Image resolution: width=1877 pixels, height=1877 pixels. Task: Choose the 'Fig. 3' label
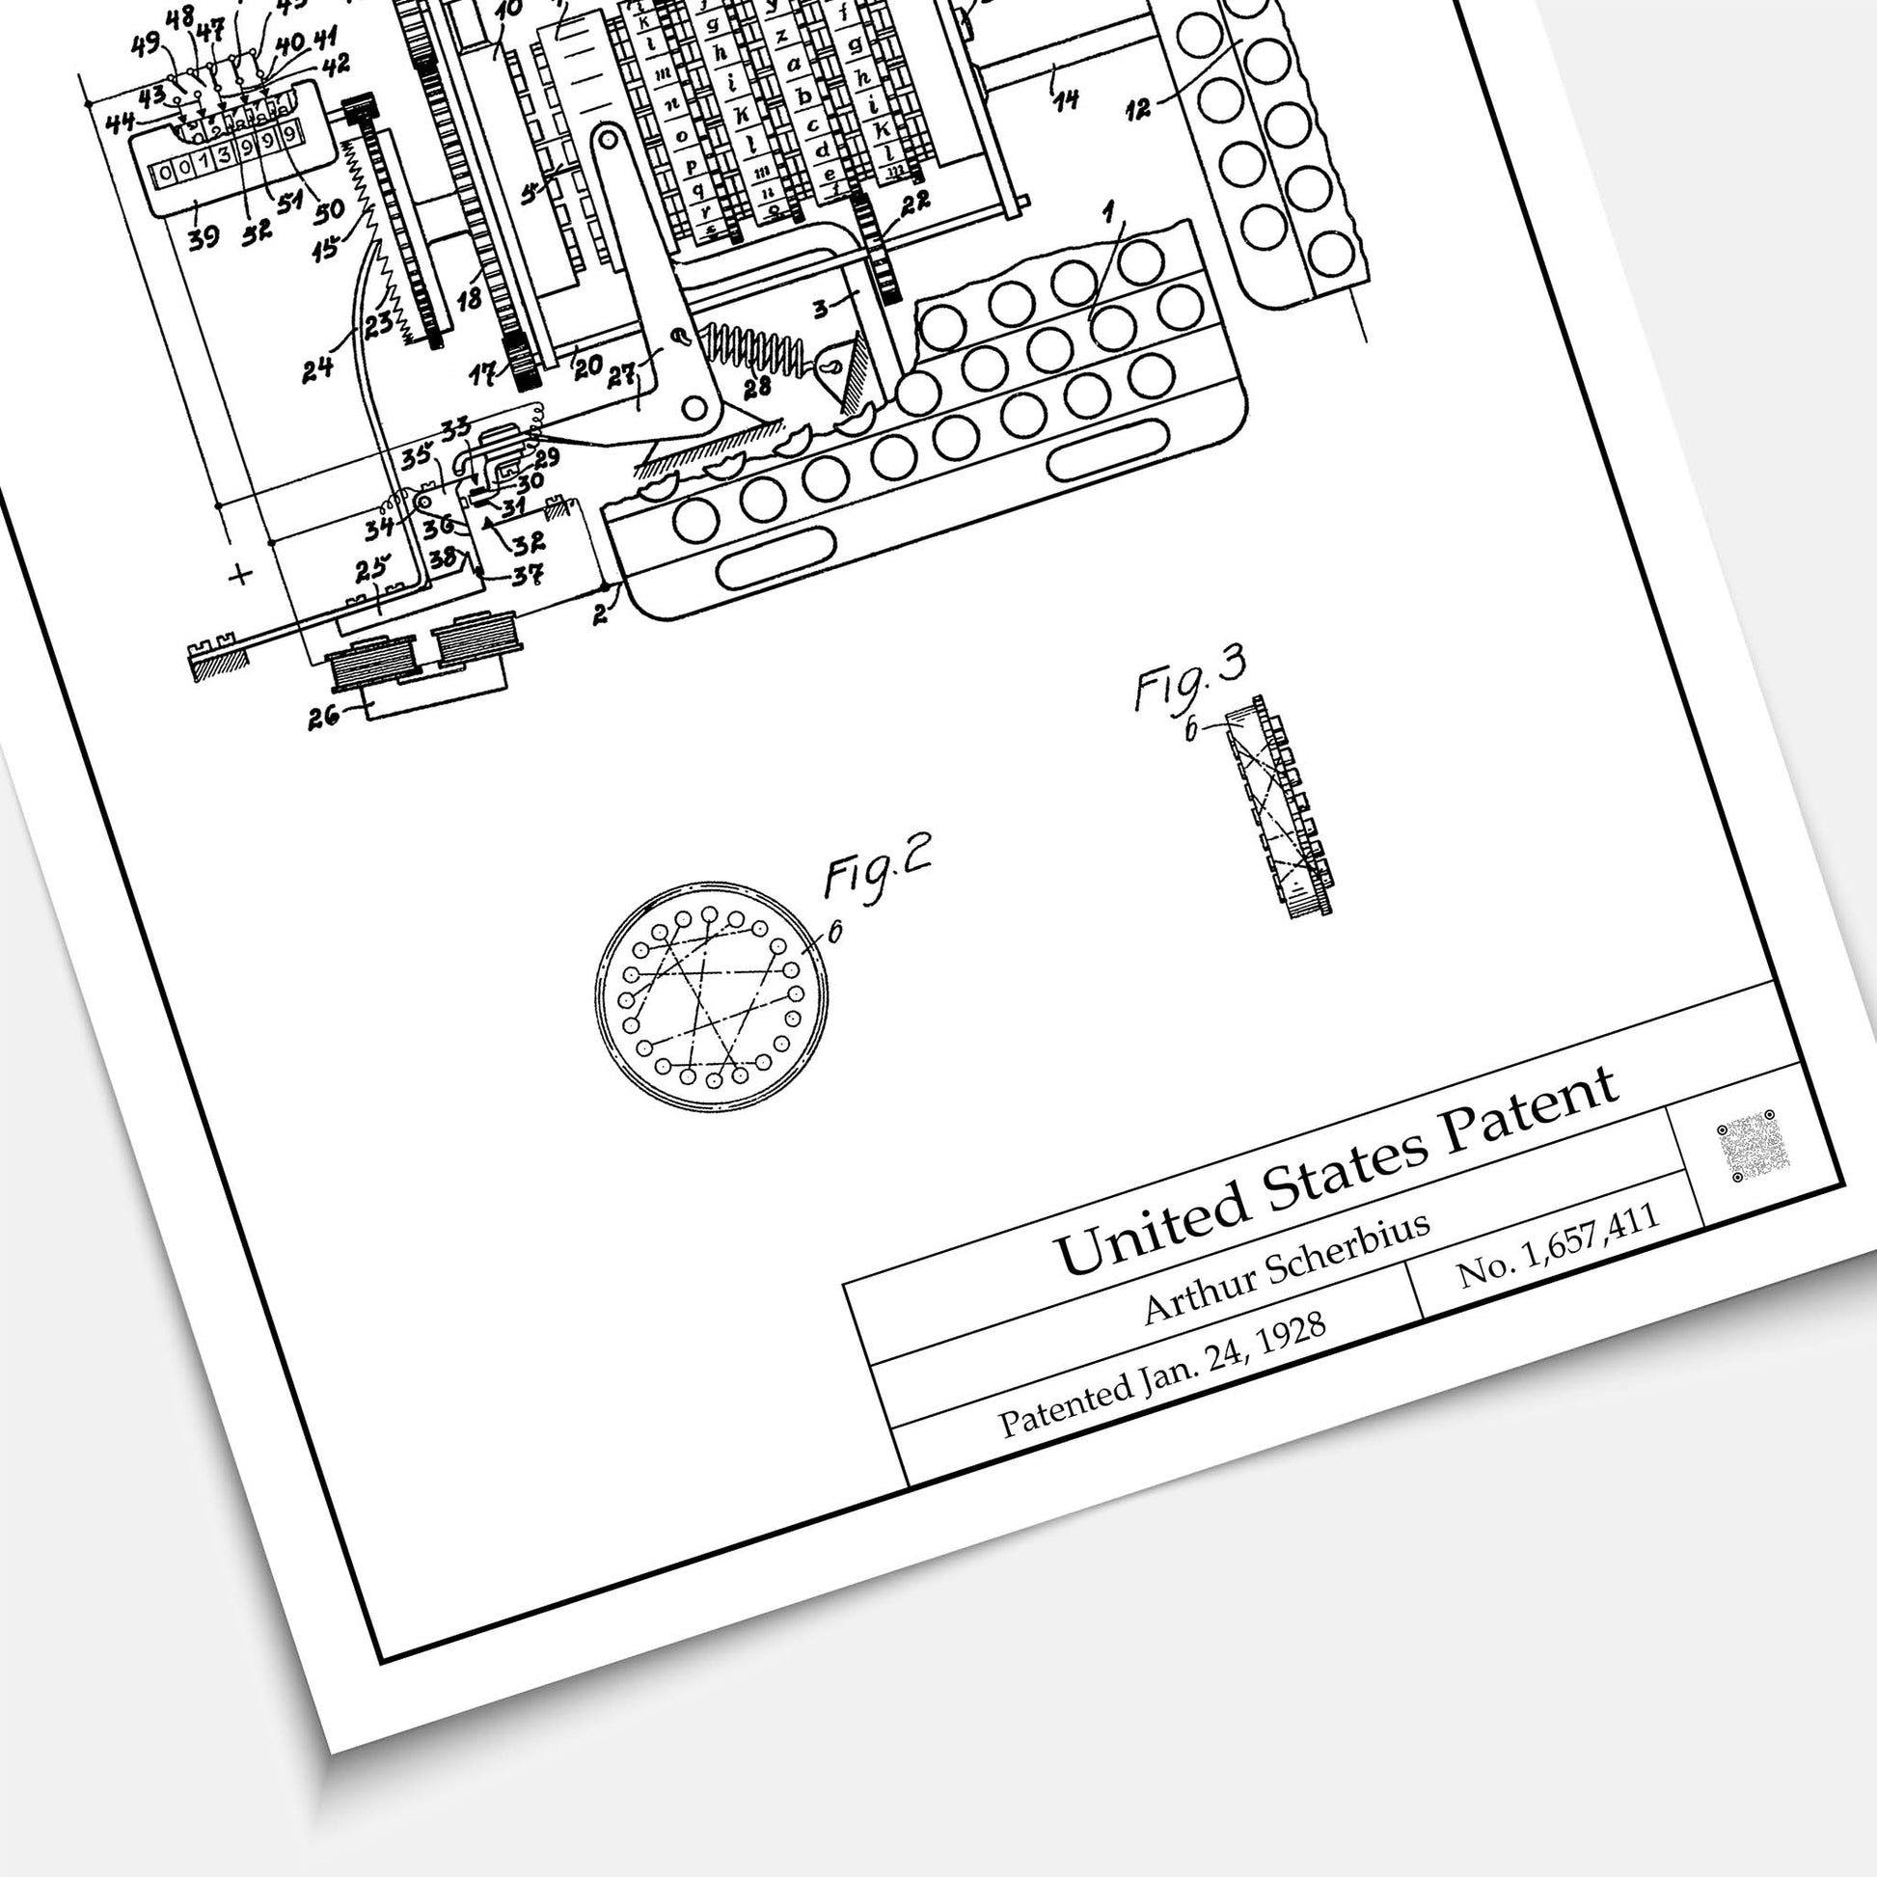[1189, 676]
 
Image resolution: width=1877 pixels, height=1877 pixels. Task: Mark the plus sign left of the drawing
[240, 575]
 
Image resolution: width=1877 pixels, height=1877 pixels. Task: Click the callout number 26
[322, 716]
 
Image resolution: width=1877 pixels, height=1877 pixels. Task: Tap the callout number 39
[203, 236]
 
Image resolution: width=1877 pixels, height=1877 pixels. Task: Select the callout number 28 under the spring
[757, 385]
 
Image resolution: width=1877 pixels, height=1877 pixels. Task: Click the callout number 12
[1138, 109]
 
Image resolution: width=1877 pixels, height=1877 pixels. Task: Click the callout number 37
[528, 576]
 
